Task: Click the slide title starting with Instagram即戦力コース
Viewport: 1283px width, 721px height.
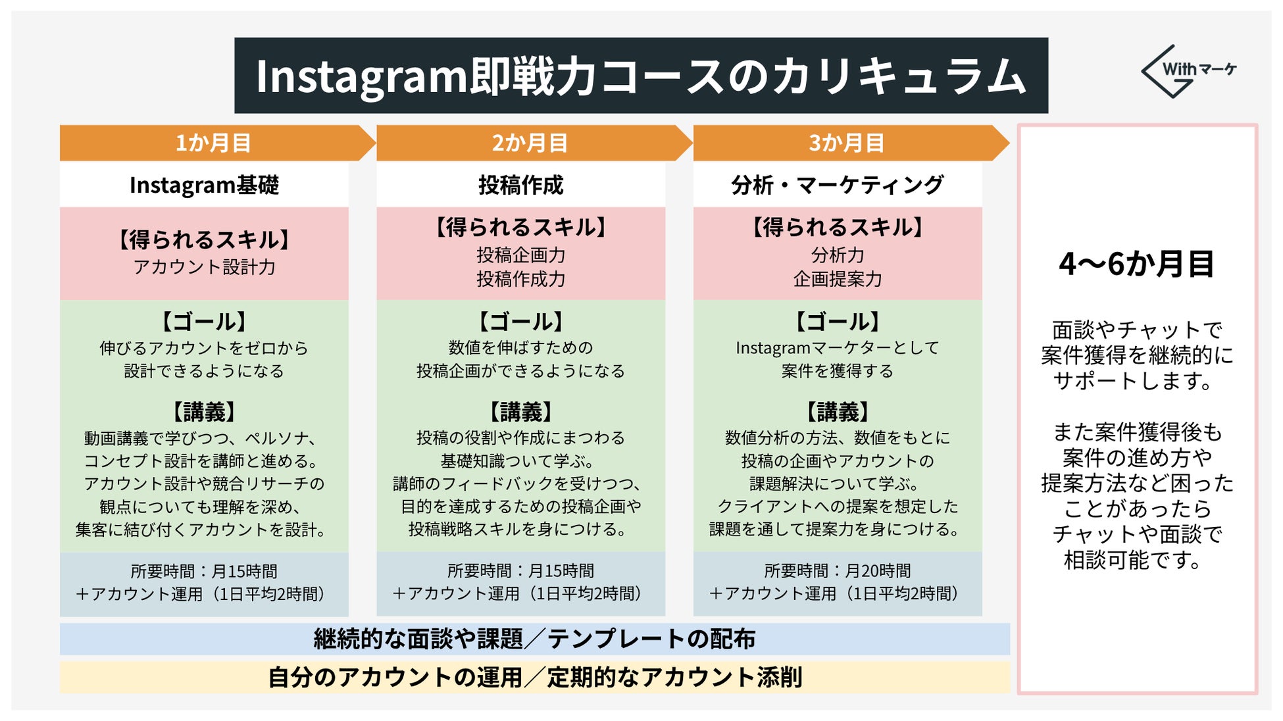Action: coord(640,76)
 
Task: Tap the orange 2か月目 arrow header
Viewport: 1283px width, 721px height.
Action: coord(530,143)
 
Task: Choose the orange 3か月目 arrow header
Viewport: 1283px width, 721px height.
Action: coord(846,143)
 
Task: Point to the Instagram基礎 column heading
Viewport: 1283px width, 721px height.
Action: coord(204,185)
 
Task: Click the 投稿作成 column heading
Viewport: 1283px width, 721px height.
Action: coord(520,185)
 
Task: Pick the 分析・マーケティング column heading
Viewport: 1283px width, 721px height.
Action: coord(837,185)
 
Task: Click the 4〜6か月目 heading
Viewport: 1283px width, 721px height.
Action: coord(1136,264)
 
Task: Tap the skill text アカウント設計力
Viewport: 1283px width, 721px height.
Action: coord(204,267)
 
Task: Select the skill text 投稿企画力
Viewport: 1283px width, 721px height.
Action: coord(520,255)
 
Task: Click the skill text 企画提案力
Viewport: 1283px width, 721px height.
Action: coord(837,279)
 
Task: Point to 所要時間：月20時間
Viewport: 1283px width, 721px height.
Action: coord(837,570)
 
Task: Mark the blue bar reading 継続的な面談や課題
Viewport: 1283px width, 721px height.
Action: coord(534,639)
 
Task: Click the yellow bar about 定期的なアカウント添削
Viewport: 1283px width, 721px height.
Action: coord(534,677)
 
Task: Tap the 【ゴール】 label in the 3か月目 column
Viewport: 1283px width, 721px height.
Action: coord(837,322)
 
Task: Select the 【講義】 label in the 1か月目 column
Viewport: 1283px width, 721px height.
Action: coord(204,412)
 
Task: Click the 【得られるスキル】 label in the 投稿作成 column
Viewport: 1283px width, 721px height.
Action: coord(520,228)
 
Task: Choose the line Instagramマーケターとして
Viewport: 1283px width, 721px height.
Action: coord(837,347)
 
